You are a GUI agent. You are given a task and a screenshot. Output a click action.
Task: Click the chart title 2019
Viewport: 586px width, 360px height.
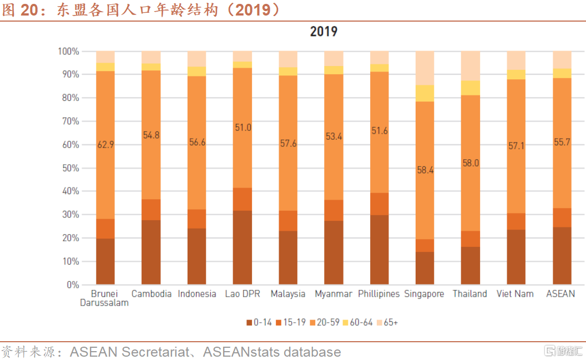pos(324,32)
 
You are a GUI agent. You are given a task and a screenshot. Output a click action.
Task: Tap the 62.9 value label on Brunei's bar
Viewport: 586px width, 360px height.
pos(105,145)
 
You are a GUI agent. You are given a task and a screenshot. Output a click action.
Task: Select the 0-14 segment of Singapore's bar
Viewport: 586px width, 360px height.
pos(425,268)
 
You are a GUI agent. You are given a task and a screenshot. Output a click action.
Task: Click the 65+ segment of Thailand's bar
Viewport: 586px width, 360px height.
pos(471,65)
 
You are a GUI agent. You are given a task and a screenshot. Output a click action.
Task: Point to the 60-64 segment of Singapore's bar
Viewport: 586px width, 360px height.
pos(425,93)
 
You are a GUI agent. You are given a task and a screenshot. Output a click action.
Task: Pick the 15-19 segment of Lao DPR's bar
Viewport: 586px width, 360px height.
pos(243,199)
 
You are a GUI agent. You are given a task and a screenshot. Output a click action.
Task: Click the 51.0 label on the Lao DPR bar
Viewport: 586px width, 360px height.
pos(243,127)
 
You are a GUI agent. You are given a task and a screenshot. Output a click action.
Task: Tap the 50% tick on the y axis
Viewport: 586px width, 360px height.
pos(69,168)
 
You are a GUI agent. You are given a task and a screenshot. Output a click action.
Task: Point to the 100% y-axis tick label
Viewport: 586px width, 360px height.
pos(68,52)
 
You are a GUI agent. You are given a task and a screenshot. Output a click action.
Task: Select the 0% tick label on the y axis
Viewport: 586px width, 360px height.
pos(72,285)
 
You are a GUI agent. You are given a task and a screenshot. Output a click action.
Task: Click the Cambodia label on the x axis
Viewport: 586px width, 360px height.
pos(151,294)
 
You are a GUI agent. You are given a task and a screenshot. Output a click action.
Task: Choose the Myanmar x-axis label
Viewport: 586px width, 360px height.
pos(334,294)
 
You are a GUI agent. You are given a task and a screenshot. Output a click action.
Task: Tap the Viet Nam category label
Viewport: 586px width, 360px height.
pos(516,294)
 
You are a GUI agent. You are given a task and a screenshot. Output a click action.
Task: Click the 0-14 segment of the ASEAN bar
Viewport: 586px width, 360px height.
pos(562,255)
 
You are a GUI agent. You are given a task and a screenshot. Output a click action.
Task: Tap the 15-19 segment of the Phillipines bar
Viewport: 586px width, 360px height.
pos(380,204)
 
